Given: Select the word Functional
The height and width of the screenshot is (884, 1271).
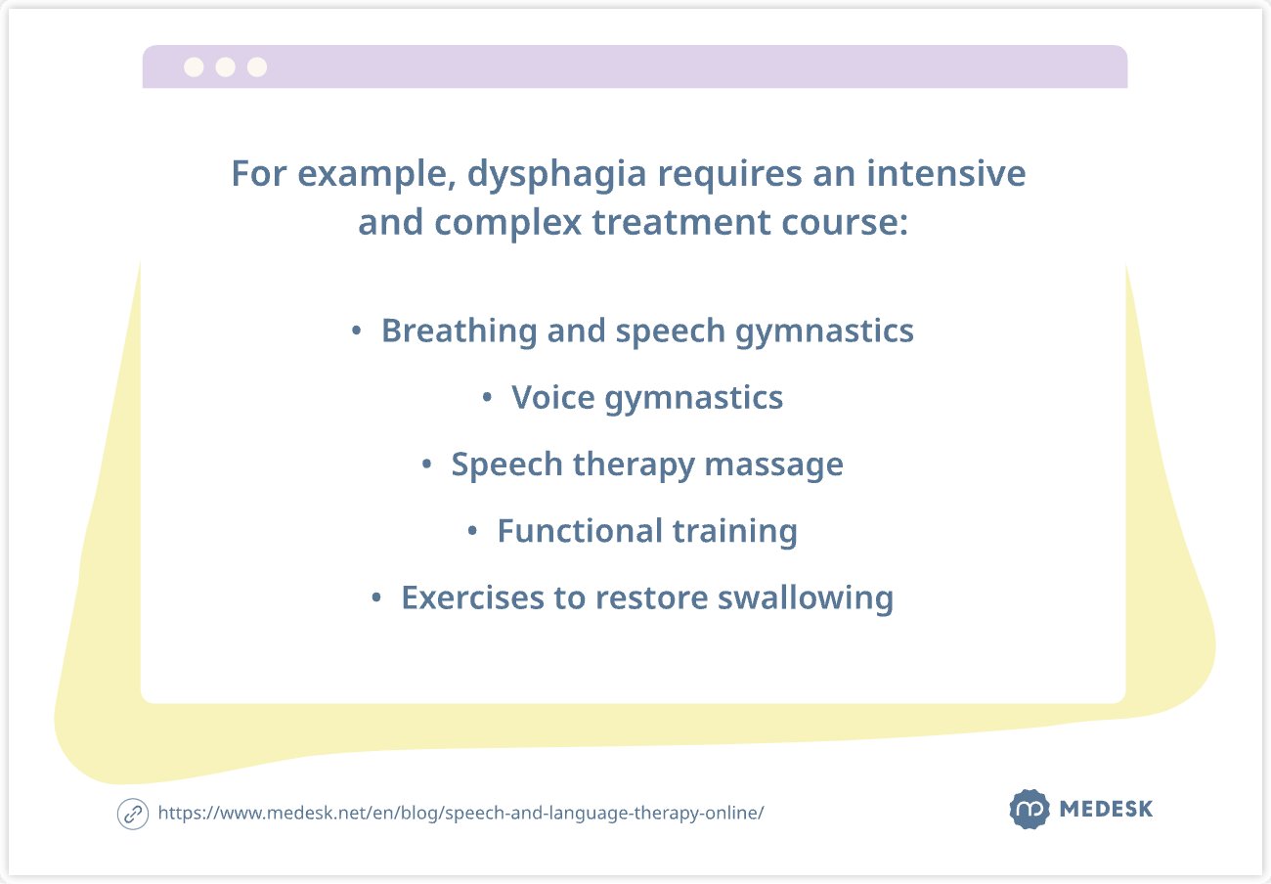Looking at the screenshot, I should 566,531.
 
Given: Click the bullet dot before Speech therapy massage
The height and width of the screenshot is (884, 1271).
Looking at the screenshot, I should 426,465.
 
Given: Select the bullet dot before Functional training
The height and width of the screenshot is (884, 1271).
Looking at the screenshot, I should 472,532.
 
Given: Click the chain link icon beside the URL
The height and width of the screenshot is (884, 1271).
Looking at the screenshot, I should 132,814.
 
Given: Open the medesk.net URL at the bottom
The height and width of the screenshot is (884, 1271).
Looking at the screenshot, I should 460,814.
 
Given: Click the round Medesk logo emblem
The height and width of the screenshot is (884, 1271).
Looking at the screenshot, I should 1029,810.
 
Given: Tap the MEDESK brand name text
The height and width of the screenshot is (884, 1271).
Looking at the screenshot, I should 1106,810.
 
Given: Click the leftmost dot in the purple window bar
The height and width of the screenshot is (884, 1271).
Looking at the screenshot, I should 194,66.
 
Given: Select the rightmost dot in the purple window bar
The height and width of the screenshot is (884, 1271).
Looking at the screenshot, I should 257,66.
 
